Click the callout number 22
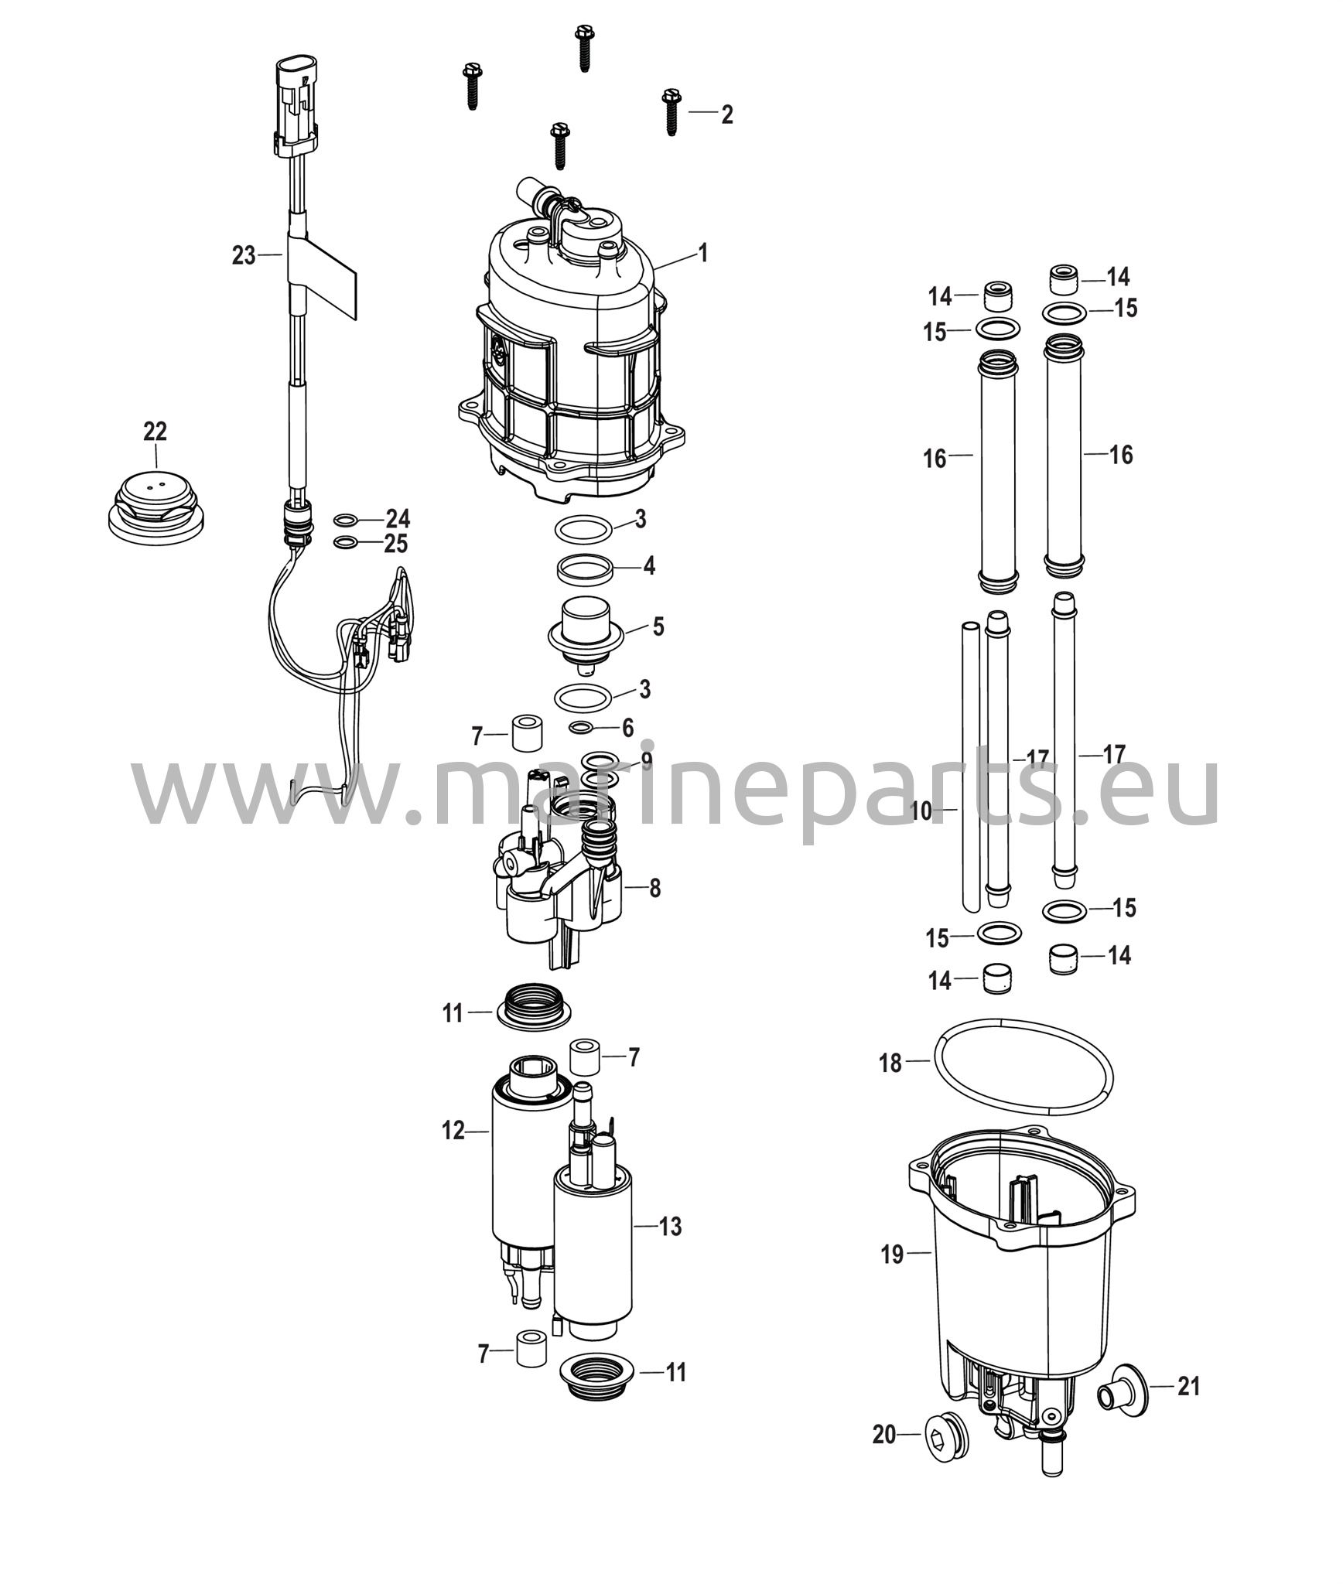tap(155, 432)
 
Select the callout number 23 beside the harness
tap(244, 255)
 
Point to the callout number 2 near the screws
tap(726, 114)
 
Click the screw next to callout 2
tap(671, 113)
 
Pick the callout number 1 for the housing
tap(702, 253)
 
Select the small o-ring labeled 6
tap(581, 728)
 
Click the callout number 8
tap(654, 888)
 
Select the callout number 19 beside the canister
tap(892, 1255)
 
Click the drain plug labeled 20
tap(946, 1435)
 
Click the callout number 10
tap(922, 811)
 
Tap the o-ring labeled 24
tap(346, 519)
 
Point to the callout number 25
tap(395, 544)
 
